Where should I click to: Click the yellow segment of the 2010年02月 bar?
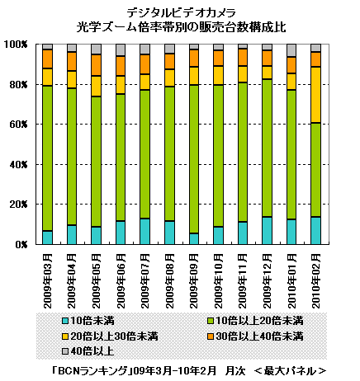pyautogui.click(x=315, y=95)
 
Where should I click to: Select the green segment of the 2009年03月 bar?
pyautogui.click(x=47, y=158)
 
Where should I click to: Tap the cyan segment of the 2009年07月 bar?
pyautogui.click(x=145, y=232)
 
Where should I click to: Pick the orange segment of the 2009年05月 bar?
pyautogui.click(x=97, y=65)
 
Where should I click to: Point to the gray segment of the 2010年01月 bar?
pyautogui.click(x=291, y=50)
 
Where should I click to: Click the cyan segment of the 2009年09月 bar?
pyautogui.click(x=194, y=238)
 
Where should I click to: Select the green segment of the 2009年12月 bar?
pyautogui.click(x=267, y=148)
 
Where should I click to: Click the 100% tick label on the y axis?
pyautogui.click(x=16, y=45)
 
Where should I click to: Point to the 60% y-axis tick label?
pyautogui.click(x=18, y=125)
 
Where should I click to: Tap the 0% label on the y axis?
pyautogui.click(x=21, y=244)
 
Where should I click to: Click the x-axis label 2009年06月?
pyautogui.click(x=121, y=281)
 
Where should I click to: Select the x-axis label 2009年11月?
pyautogui.click(x=243, y=281)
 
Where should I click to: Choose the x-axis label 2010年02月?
pyautogui.click(x=316, y=281)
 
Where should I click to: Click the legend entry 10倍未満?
pyautogui.click(x=88, y=321)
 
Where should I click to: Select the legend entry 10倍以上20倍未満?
pyautogui.click(x=255, y=321)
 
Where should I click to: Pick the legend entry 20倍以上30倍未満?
pyautogui.click(x=111, y=336)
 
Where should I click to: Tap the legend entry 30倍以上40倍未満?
pyautogui.click(x=255, y=336)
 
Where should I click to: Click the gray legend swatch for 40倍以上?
pyautogui.click(x=65, y=351)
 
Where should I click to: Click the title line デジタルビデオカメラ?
pyautogui.click(x=182, y=12)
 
